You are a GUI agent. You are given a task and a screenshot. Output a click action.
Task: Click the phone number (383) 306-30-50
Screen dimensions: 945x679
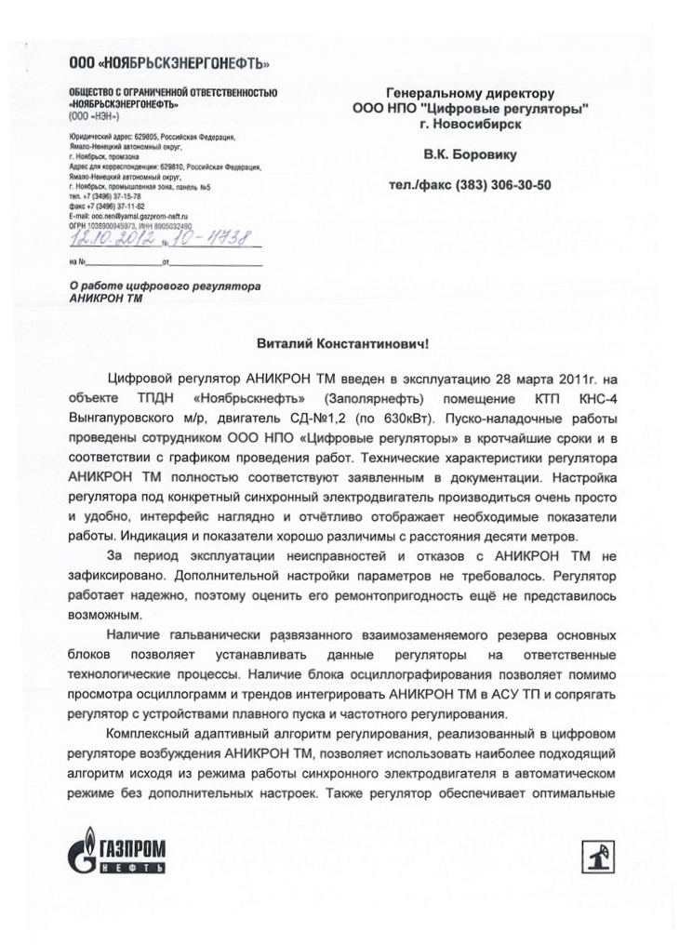pos(503,185)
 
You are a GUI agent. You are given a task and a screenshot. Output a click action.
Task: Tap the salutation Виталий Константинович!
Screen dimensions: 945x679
pos(342,343)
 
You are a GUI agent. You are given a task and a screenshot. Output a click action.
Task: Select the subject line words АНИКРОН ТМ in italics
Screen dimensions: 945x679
pos(106,299)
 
